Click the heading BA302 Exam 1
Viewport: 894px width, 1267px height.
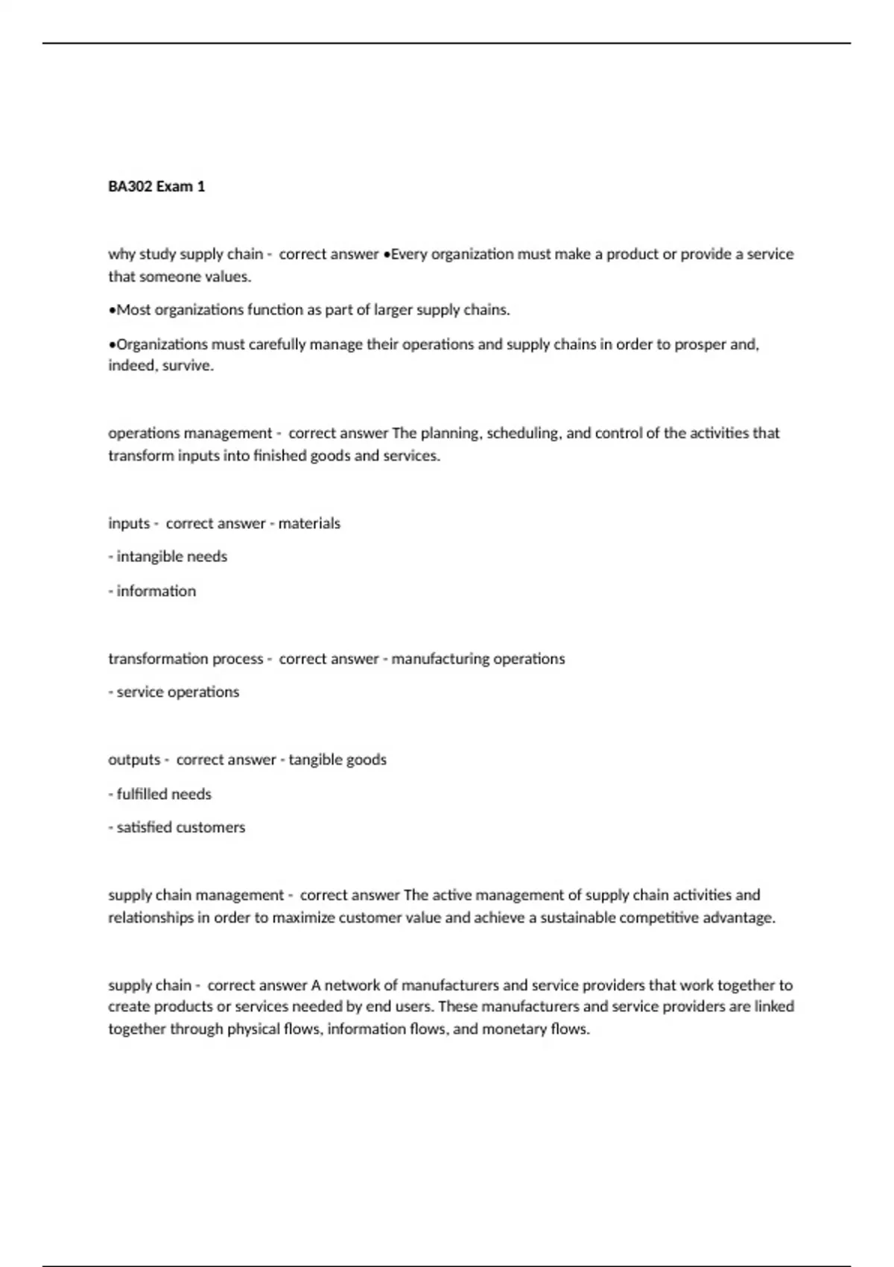pos(156,186)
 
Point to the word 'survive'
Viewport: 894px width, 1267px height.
pos(189,366)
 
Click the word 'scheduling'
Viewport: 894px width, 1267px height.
pos(522,433)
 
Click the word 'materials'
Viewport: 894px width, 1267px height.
pos(309,523)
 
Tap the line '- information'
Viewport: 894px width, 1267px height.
pos(153,591)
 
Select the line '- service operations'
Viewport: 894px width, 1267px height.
pos(174,692)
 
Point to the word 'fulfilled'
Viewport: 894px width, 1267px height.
pos(142,794)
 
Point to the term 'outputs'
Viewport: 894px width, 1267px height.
pos(134,759)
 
